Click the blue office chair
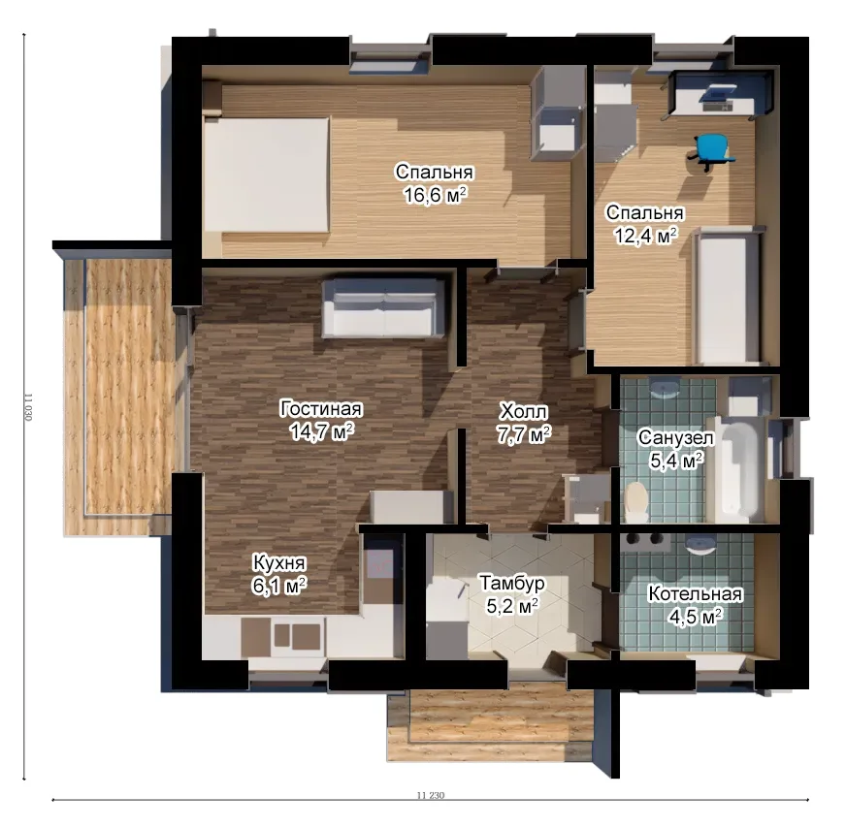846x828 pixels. click(x=712, y=151)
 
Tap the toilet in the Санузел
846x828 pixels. click(x=636, y=501)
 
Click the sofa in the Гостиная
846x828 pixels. click(x=383, y=307)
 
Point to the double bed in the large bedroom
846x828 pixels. click(x=267, y=175)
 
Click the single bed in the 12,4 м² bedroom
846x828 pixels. click(x=727, y=296)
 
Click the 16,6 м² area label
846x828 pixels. click(x=435, y=195)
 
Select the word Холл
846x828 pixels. click(x=523, y=411)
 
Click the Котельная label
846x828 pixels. click(x=695, y=593)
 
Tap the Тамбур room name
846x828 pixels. click(x=512, y=584)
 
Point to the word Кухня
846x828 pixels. click(x=279, y=562)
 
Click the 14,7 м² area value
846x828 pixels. click(x=322, y=431)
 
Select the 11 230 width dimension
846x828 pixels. click(x=431, y=795)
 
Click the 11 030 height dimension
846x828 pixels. click(x=28, y=407)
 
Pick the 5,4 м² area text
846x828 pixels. click(x=676, y=462)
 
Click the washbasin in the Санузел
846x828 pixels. click(x=664, y=388)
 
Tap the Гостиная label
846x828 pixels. click(x=321, y=409)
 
